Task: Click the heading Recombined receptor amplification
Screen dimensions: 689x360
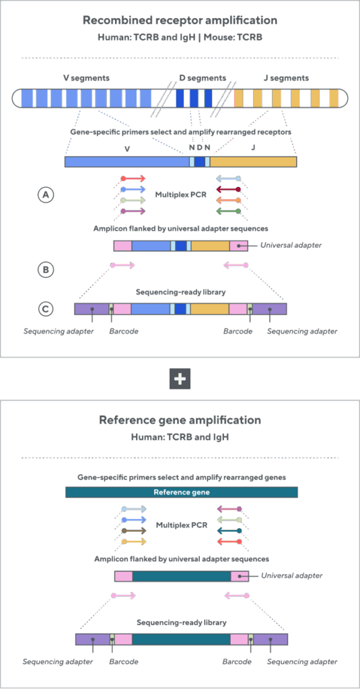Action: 180,21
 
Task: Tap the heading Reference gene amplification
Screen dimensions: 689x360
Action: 180,420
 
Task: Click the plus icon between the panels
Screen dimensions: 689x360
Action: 180,379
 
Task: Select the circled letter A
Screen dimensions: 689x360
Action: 45,194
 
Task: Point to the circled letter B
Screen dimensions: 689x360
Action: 45,270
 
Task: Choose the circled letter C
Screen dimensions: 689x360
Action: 45,309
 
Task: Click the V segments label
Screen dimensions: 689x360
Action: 86,78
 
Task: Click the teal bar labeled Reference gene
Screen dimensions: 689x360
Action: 181,492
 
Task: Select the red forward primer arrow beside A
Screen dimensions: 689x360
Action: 133,179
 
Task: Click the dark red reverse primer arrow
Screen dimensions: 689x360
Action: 229,190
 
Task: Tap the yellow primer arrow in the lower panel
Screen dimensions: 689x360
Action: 133,541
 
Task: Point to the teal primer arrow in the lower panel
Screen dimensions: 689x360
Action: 229,530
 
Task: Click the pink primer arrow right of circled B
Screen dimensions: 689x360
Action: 122,266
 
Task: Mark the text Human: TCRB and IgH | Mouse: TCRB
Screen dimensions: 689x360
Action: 180,38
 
